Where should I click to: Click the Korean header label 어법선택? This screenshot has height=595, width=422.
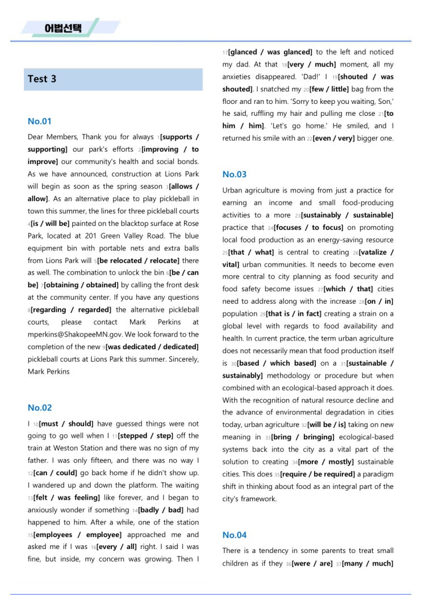[x=63, y=28]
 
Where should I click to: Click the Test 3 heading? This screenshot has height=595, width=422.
[x=42, y=79]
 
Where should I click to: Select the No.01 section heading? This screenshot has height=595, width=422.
[x=40, y=121]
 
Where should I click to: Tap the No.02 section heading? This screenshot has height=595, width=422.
[x=40, y=407]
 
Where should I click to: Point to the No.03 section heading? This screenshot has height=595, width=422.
[x=235, y=174]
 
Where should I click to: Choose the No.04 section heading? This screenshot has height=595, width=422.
[x=235, y=535]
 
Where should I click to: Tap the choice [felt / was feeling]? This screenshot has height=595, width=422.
[x=64, y=497]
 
